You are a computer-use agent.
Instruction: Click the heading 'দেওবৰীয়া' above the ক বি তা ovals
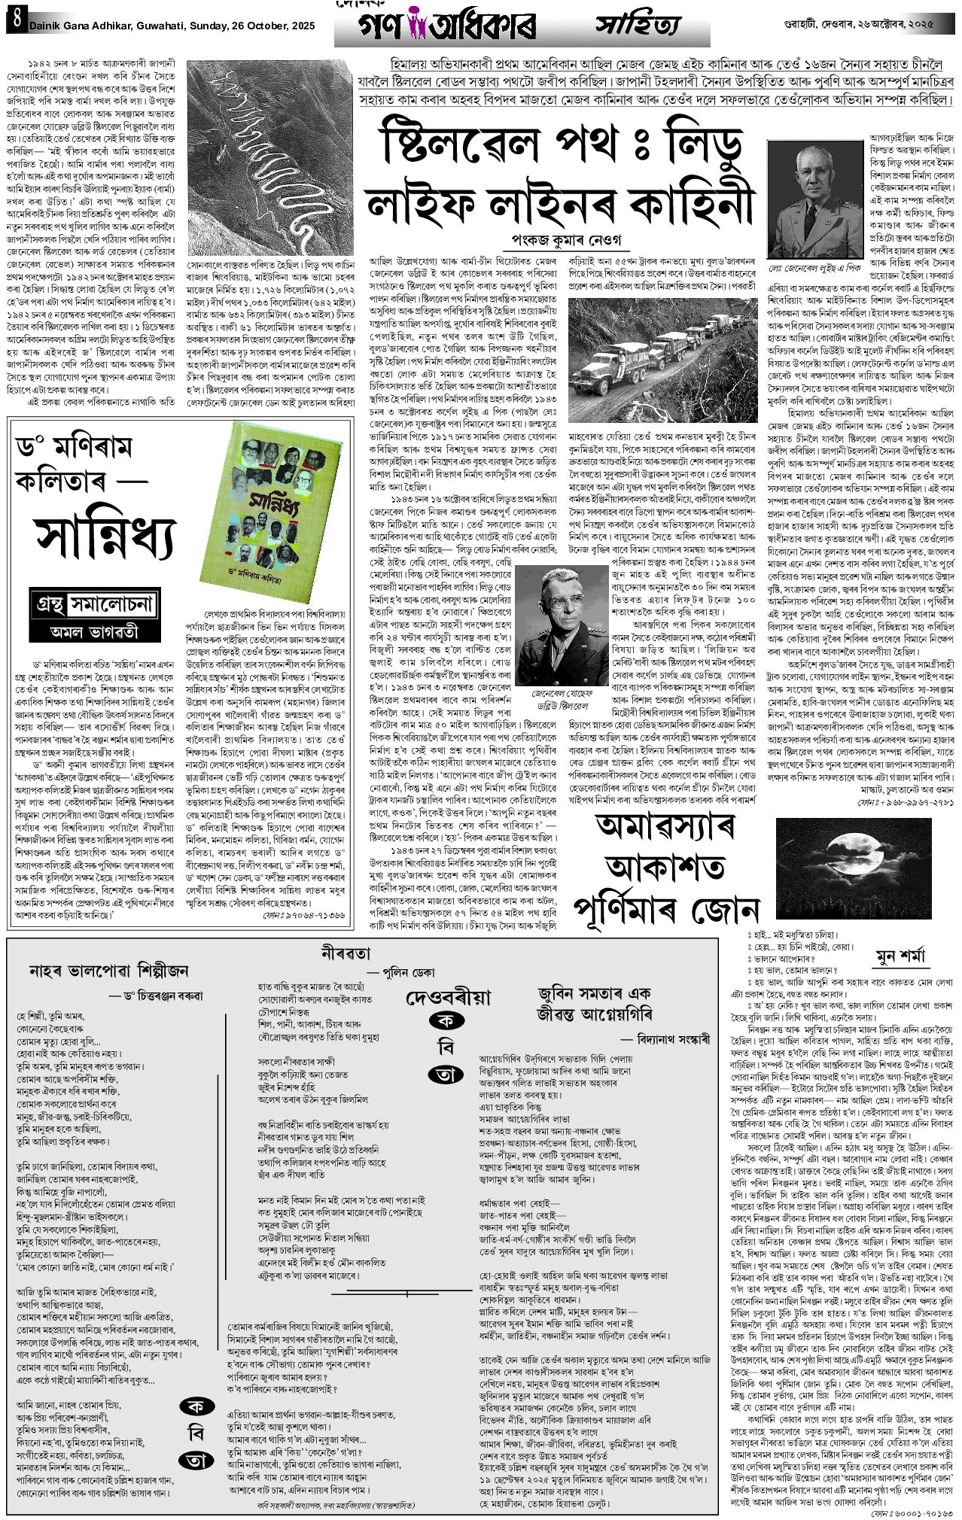tap(449, 997)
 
